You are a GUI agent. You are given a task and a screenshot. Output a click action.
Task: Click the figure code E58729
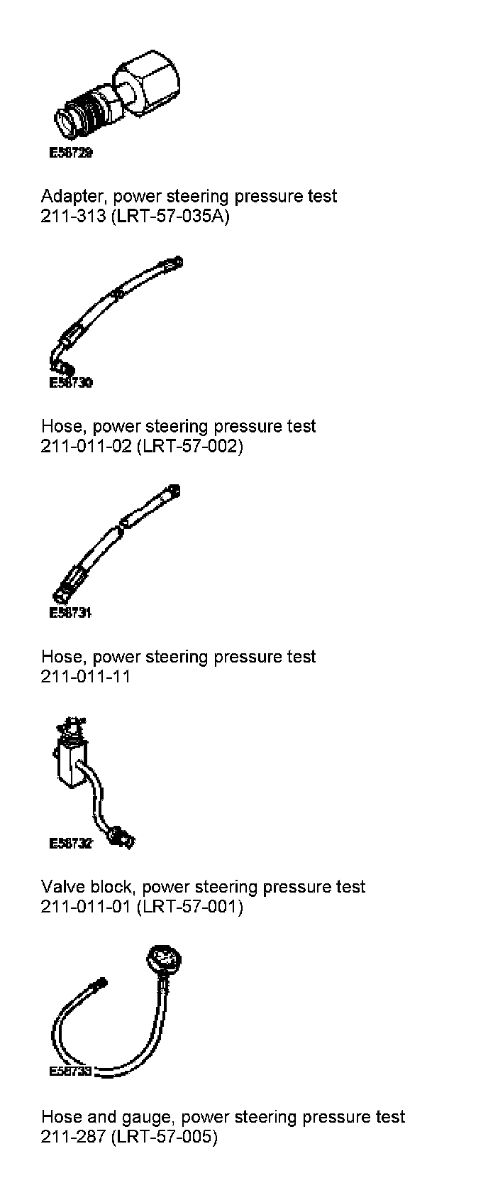click(70, 153)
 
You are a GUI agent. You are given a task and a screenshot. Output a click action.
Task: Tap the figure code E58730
click(70, 383)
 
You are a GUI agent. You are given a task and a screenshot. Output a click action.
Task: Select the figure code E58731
click(70, 613)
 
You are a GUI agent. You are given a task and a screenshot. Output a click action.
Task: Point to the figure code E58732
click(70, 844)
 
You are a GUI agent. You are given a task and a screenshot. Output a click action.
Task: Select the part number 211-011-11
click(86, 676)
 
